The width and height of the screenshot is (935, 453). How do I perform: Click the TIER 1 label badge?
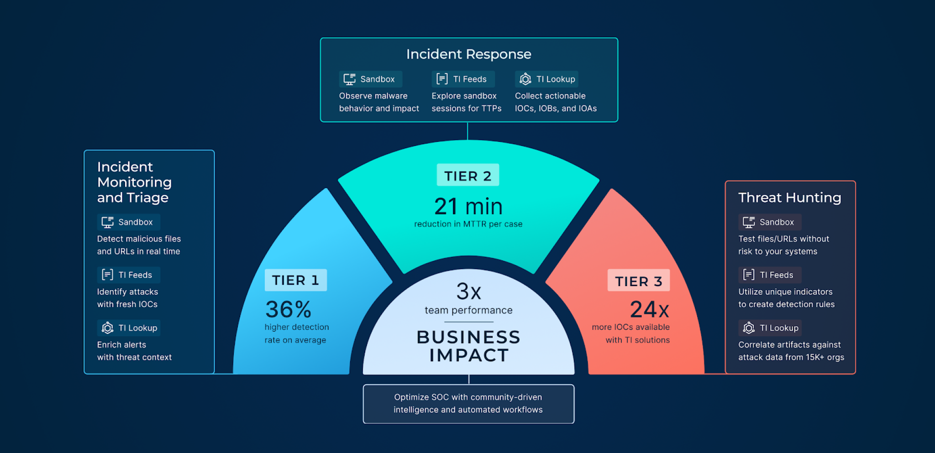296,280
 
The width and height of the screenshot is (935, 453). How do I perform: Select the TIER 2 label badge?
468,175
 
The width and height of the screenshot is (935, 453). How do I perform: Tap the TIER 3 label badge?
639,281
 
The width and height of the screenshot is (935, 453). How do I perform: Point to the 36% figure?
288,309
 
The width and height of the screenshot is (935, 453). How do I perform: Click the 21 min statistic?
468,206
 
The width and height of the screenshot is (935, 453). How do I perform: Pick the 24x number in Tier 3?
650,309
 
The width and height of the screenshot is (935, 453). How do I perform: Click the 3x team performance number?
469,291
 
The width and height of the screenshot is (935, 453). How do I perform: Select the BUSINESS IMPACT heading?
469,346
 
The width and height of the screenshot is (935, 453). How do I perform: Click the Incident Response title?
469,54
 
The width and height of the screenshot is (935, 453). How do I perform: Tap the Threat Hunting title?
790,198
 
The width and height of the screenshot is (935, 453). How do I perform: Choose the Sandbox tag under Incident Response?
370,79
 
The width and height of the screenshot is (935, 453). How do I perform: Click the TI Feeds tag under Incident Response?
463,79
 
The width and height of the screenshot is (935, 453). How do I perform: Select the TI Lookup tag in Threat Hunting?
770,328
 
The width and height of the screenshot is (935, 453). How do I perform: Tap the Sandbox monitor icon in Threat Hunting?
749,222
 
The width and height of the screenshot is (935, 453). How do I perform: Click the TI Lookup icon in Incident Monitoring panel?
107,328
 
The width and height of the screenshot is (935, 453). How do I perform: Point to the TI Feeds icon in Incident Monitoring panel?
107,275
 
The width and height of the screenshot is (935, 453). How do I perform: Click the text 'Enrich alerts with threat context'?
134,351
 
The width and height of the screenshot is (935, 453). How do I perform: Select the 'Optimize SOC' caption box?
468,404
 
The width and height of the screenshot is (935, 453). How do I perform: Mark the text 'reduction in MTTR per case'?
468,224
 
